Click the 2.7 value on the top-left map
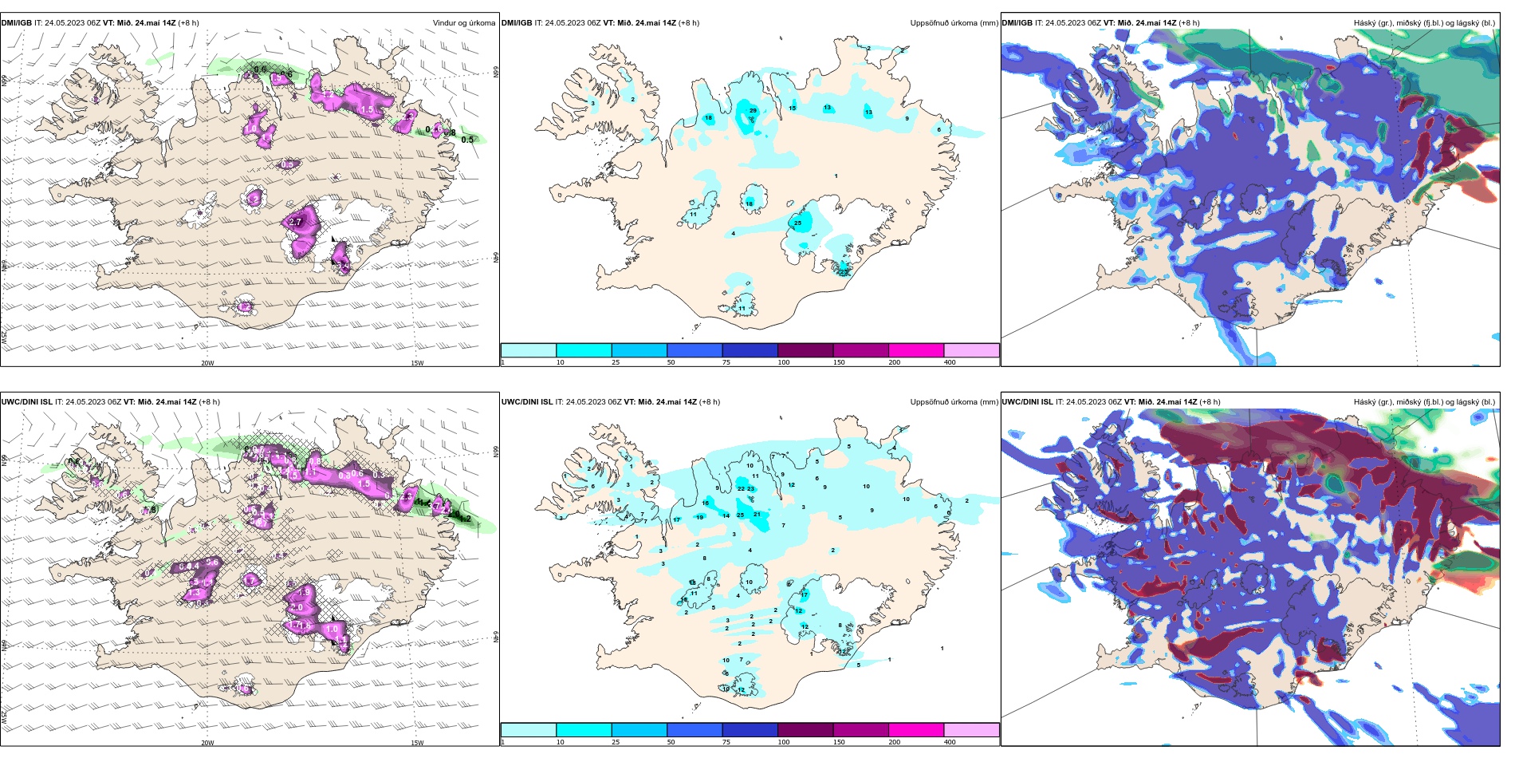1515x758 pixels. point(295,222)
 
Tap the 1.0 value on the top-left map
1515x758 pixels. point(250,128)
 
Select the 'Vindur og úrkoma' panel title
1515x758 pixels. point(463,23)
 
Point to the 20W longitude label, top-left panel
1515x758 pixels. point(207,363)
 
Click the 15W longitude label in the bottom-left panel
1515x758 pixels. point(416,743)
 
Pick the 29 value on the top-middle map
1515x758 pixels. point(753,111)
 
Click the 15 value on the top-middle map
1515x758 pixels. point(792,108)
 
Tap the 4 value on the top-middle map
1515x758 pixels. point(734,234)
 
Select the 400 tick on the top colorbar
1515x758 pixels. point(950,362)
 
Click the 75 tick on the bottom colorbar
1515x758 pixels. point(726,742)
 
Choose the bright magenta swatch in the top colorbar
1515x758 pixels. point(916,350)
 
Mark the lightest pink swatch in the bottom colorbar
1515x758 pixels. point(971,729)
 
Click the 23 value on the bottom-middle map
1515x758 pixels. point(750,488)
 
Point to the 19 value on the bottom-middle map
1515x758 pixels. point(700,518)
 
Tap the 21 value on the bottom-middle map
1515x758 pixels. point(757,515)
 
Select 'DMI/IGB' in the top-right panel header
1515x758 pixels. point(1017,23)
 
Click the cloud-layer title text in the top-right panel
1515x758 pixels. point(1424,23)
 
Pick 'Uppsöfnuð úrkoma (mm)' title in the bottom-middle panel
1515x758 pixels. point(954,402)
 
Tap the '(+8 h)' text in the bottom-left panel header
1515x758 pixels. point(209,402)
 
